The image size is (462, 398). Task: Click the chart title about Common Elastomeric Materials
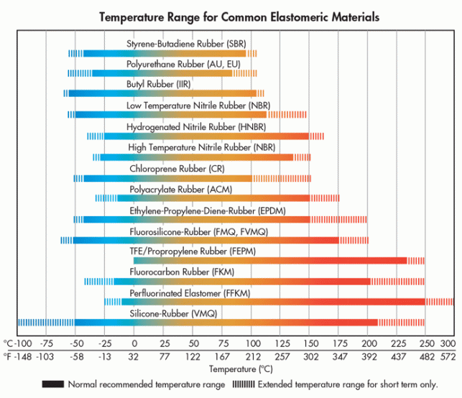point(230,16)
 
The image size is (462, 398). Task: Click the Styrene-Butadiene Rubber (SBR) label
point(186,44)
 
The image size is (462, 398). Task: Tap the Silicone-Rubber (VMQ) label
point(173,313)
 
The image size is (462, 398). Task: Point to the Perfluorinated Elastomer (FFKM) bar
point(273,302)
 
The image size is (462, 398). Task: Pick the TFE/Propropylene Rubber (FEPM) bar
point(270,261)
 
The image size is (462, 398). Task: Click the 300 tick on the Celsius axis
point(448,343)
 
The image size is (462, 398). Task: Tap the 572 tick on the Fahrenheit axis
point(448,356)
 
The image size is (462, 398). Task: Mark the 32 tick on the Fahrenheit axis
point(134,356)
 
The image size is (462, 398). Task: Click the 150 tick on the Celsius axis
point(310,343)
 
